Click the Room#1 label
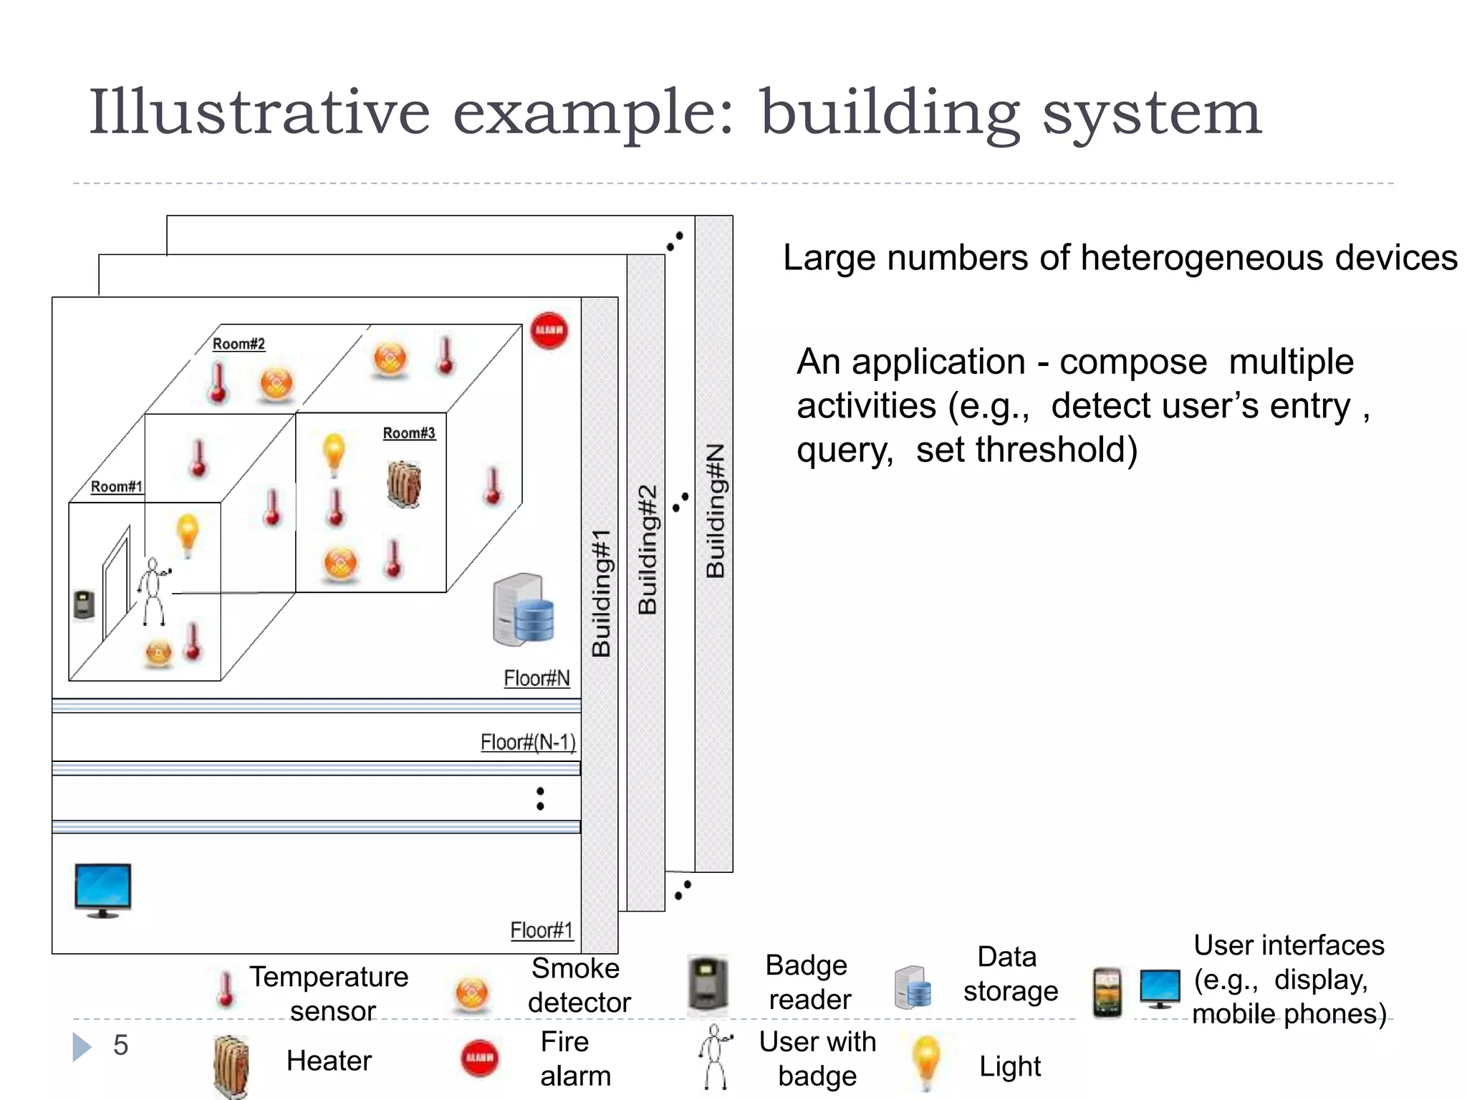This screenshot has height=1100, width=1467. [x=116, y=487]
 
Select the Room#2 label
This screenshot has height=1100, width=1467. [x=239, y=344]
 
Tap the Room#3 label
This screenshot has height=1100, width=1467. [x=409, y=433]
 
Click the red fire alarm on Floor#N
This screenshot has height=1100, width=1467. [x=549, y=331]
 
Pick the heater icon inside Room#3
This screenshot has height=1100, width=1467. [x=405, y=485]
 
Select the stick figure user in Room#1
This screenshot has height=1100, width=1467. [x=153, y=592]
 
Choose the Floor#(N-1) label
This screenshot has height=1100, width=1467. [x=528, y=743]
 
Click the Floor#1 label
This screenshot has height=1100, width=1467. [x=542, y=930]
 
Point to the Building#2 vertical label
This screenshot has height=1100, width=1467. [x=647, y=549]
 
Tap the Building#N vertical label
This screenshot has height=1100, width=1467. [x=715, y=511]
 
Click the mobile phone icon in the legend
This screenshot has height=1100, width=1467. [x=1107, y=992]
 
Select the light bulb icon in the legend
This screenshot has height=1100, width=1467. [x=926, y=1062]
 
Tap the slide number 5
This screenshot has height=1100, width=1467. [x=120, y=1046]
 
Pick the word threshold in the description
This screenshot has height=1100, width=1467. [x=1026, y=450]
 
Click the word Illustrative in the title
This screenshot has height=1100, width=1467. [x=259, y=112]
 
